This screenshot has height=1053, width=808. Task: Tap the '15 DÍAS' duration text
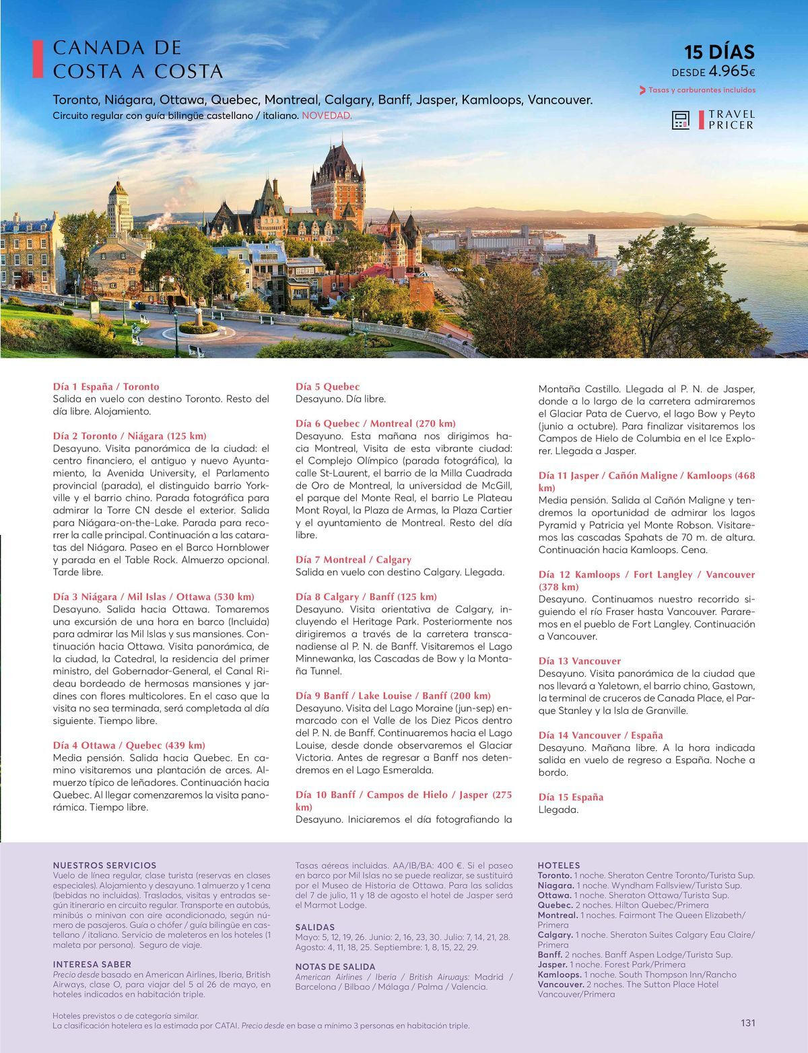point(719,52)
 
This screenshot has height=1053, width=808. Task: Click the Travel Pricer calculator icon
point(681,120)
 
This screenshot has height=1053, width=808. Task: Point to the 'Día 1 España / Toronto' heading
point(106,387)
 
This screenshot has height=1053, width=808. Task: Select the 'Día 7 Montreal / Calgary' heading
point(353,560)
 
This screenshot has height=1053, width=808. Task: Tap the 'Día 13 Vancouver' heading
point(580,661)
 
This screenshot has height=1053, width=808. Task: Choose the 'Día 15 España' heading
point(571,797)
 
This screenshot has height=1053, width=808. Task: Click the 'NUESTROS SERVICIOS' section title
point(104,865)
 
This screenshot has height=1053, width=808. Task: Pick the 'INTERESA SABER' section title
point(93,964)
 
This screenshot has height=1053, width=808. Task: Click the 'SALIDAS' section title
point(315,927)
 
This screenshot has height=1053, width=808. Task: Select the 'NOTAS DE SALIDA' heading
point(335,967)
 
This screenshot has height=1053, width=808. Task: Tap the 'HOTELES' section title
point(559,865)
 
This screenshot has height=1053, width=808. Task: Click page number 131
point(747,1023)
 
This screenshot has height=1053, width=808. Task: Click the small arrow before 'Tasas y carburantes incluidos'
point(642,90)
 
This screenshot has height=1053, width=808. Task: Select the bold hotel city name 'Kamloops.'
point(560,974)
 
